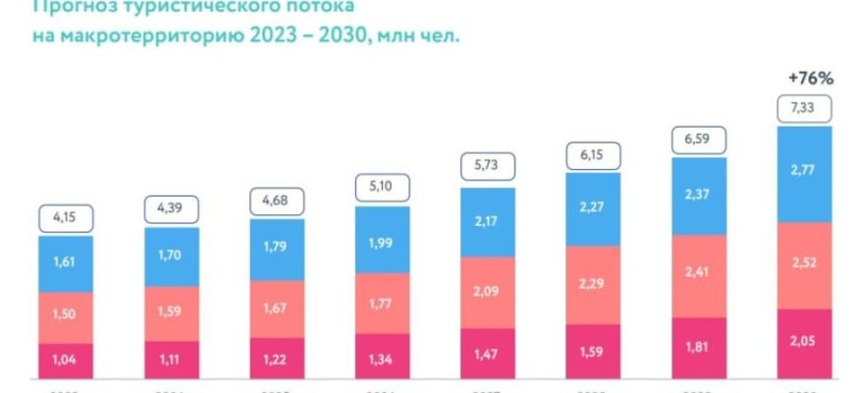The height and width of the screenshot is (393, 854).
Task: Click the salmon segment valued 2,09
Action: (x=488, y=292)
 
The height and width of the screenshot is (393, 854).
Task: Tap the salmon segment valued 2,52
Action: (x=805, y=265)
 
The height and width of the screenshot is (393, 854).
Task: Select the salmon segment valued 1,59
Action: (x=171, y=313)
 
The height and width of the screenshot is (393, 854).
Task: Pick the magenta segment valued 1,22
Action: (x=277, y=357)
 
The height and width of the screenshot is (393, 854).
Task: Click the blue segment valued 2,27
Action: (x=593, y=209)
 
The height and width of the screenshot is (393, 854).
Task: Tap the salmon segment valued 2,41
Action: (x=699, y=276)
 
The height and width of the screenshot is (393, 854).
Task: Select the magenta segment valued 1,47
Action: (x=488, y=352)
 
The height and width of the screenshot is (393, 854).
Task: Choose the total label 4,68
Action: (x=277, y=200)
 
